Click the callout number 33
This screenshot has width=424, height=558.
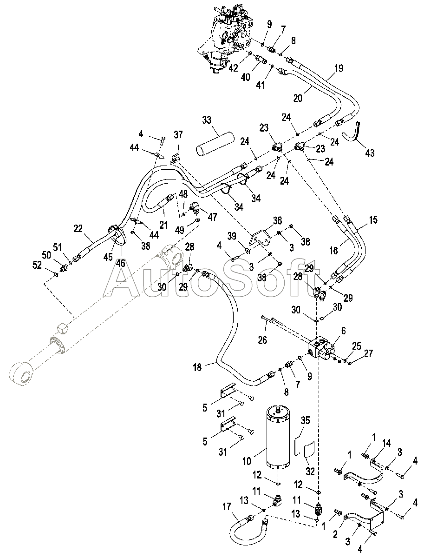point(207,120)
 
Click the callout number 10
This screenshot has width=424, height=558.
point(247,460)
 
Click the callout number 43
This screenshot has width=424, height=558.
point(370,153)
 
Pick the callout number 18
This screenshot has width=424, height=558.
point(197,367)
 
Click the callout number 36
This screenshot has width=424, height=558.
point(277,220)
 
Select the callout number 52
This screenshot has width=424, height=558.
point(37,265)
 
